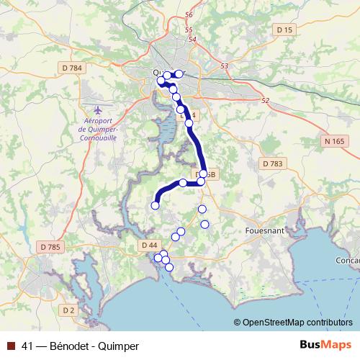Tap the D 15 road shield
coord(285,29)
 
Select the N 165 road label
coord(333,141)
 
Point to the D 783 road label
coord(272,164)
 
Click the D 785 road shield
coord(50,247)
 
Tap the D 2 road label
coord(68,310)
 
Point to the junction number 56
coord(189,14)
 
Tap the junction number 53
coord(224,66)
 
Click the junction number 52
coord(265,100)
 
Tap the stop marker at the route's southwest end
coord(155,205)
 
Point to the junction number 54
coord(192,39)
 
